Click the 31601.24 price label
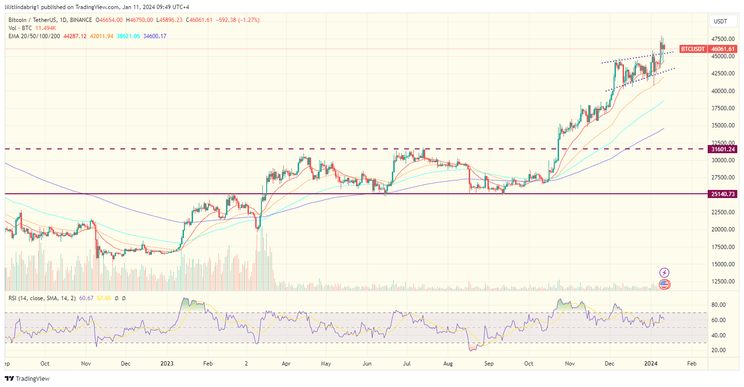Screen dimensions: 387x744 (x=723, y=149)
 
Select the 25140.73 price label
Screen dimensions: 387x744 (x=723, y=194)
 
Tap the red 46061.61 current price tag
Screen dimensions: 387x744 (x=723, y=49)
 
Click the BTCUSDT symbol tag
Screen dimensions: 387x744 (x=693, y=49)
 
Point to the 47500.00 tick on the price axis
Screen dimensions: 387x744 (x=722, y=39)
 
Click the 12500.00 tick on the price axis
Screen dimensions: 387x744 (x=722, y=282)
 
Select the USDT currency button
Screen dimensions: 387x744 (x=720, y=21)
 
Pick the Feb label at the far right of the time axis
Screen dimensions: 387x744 (x=691, y=364)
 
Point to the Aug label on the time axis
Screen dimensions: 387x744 (x=448, y=364)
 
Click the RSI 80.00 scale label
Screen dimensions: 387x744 (x=719, y=305)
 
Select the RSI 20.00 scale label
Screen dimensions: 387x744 (x=719, y=350)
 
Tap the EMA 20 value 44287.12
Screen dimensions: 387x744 (x=73, y=36)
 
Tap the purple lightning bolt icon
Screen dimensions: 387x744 (x=664, y=273)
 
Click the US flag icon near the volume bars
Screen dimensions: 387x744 (x=664, y=284)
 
